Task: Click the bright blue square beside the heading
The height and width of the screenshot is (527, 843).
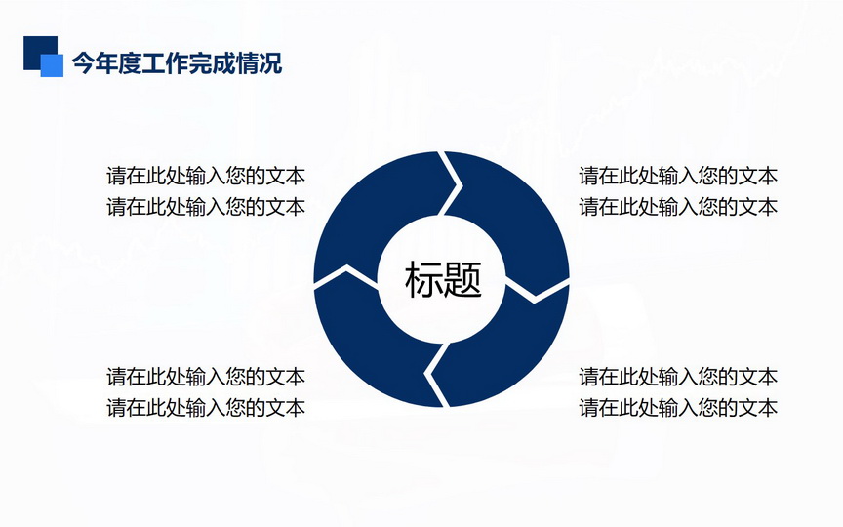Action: (52, 65)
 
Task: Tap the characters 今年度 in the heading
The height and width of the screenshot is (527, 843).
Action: (106, 63)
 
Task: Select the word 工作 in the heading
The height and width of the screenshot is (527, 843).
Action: (165, 63)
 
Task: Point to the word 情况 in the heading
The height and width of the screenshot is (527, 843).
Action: (259, 63)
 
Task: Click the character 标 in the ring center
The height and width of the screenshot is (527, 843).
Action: (423, 279)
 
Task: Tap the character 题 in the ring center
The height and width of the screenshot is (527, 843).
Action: (462, 279)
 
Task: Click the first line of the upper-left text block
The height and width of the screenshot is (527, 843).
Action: (206, 176)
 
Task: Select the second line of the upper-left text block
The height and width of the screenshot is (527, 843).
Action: (206, 207)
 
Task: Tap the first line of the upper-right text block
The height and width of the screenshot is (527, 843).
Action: (678, 176)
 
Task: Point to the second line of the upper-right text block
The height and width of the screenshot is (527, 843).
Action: (678, 207)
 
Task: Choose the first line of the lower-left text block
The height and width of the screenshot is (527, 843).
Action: (206, 377)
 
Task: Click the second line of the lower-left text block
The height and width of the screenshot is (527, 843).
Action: (206, 407)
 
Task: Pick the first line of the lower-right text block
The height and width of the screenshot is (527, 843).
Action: (678, 377)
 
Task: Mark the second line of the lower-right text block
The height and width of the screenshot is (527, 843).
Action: (678, 407)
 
